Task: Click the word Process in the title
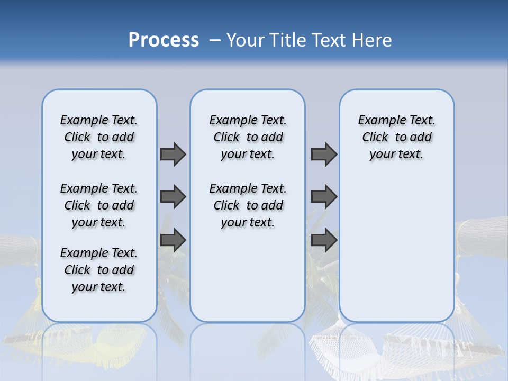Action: tap(164, 40)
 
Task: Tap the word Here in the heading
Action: tap(373, 40)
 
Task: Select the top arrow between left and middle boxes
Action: tap(173, 154)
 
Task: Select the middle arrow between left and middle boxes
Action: tap(173, 197)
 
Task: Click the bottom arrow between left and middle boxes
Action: tap(173, 240)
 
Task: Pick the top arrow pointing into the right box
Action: tap(324, 154)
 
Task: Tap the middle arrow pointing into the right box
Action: tap(324, 197)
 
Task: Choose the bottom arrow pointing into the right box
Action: tap(324, 240)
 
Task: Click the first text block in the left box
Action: tap(99, 137)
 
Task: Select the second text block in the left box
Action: tap(99, 205)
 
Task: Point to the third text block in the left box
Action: tap(99, 270)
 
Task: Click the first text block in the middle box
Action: tap(248, 137)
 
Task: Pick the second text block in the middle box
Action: tap(248, 205)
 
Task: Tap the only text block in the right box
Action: tap(396, 137)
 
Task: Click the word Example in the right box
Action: tap(378, 121)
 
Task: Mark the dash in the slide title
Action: tap(215, 40)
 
